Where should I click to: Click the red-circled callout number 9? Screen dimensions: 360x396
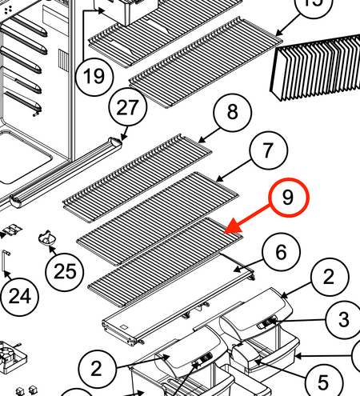(x=289, y=198)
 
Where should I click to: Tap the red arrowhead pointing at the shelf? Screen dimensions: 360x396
(x=231, y=226)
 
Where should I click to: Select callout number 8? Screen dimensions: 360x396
(x=232, y=112)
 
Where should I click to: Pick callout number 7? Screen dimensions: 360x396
(x=269, y=150)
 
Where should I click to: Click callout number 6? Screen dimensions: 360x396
(x=281, y=252)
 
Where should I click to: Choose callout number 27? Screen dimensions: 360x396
(x=128, y=107)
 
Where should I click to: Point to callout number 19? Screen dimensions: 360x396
(x=94, y=77)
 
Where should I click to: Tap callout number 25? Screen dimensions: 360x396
(x=65, y=272)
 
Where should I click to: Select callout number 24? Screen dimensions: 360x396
(x=20, y=297)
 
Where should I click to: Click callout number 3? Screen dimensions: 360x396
(x=344, y=319)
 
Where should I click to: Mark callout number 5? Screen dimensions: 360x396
(x=323, y=382)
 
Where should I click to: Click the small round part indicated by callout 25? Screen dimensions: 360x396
(x=47, y=238)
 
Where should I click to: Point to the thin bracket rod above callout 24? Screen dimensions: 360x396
(x=6, y=261)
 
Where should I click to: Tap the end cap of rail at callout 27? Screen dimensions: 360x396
(x=115, y=142)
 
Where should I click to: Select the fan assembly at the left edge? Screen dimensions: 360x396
(x=12, y=357)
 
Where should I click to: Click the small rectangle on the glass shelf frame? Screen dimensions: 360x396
(x=124, y=327)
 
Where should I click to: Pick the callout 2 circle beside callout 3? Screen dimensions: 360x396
(x=330, y=278)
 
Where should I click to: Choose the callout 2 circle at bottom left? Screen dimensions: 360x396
(x=97, y=369)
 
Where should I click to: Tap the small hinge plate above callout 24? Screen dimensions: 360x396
(x=13, y=230)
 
